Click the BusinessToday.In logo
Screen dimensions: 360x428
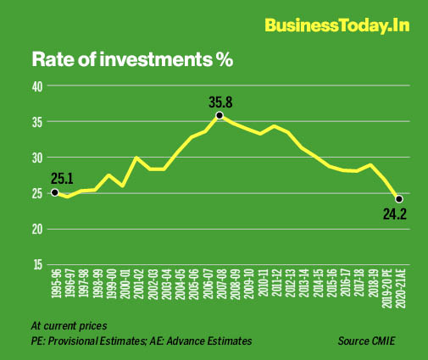point(336,25)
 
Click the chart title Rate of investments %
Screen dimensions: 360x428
point(131,60)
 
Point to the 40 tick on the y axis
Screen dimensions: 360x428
point(37,86)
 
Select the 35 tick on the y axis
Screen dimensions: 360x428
point(37,121)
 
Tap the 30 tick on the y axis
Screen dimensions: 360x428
point(37,158)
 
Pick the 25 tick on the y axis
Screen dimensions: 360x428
point(37,193)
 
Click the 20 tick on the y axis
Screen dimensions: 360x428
point(37,229)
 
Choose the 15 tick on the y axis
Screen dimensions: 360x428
point(37,264)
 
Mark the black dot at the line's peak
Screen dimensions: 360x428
point(220,115)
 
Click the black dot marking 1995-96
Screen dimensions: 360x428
point(55,192)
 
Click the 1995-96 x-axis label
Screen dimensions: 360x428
point(55,290)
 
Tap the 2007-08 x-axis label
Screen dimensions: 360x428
point(220,290)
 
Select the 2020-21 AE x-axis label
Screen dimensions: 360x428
point(399,293)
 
